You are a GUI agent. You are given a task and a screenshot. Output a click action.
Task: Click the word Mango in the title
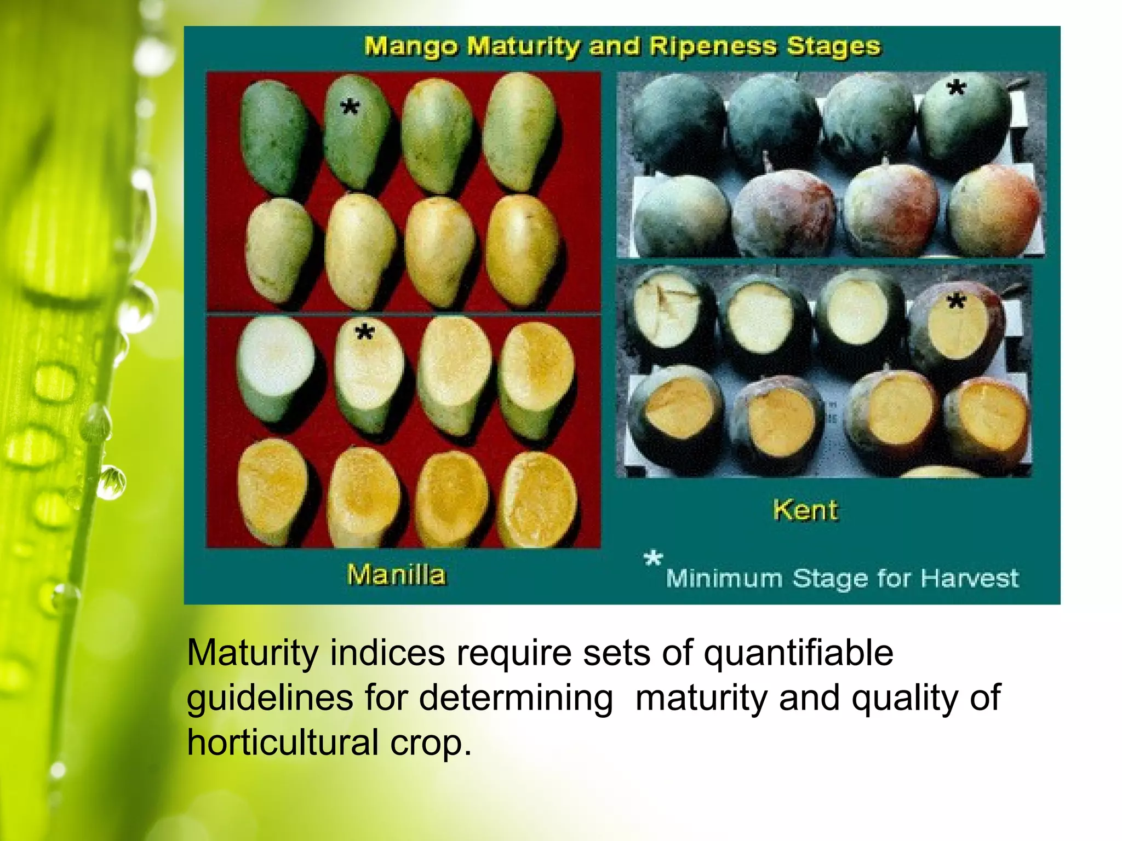[x=410, y=47]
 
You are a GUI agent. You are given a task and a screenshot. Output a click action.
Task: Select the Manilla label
[x=397, y=575]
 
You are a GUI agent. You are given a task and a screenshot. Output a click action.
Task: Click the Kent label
[x=805, y=510]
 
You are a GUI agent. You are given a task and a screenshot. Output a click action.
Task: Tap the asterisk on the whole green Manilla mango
[x=350, y=107]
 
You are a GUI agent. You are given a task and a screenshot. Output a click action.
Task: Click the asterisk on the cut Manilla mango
[x=364, y=332]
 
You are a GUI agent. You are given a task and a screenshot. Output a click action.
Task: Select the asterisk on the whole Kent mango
[x=957, y=88]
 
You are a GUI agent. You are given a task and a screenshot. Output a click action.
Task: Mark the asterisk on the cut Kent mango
[x=957, y=301]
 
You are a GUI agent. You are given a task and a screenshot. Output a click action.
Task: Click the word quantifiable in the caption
[x=798, y=653]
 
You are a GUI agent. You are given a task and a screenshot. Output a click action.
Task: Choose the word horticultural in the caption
[x=283, y=742]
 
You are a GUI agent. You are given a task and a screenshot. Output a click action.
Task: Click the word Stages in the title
[x=833, y=47]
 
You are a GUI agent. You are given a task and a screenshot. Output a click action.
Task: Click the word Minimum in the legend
[x=724, y=578]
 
